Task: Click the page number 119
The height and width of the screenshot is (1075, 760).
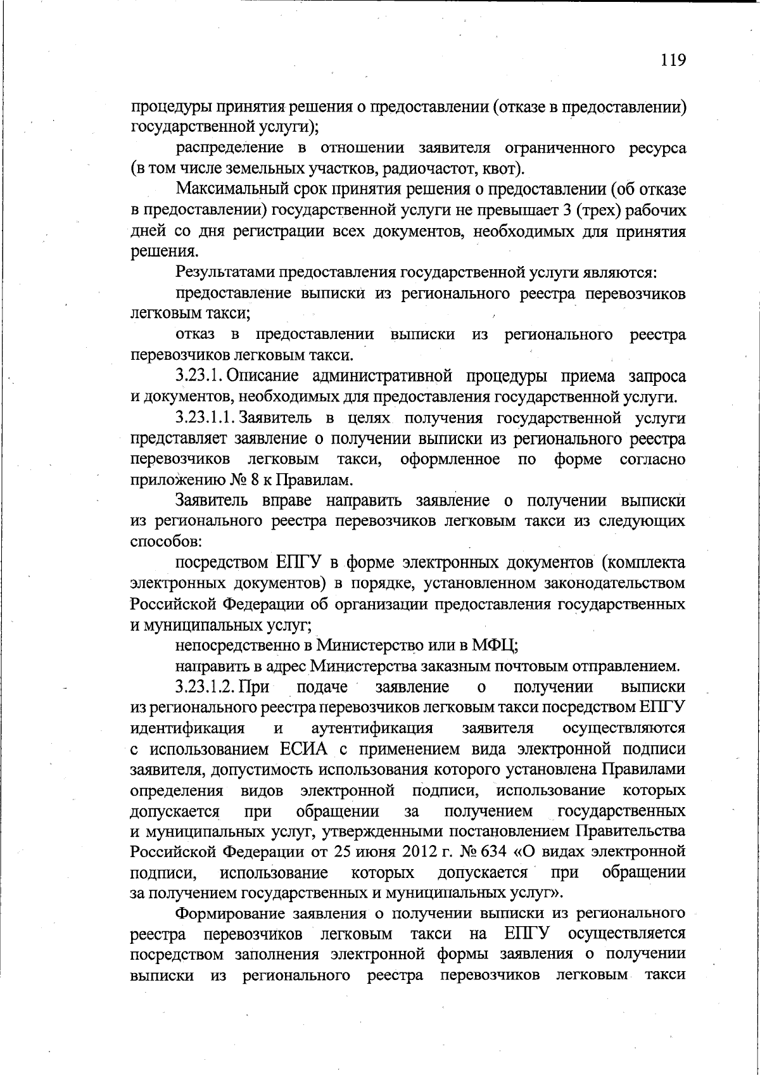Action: (673, 60)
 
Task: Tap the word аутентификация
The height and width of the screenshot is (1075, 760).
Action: (372, 728)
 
